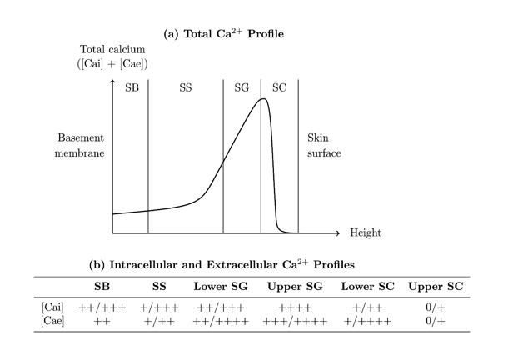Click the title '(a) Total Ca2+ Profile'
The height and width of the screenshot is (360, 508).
224,36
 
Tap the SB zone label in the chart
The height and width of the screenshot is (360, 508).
132,88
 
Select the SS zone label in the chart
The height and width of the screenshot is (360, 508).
186,88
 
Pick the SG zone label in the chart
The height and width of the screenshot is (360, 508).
242,88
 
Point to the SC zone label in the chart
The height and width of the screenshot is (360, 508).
279,88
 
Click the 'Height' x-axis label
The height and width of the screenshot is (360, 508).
366,233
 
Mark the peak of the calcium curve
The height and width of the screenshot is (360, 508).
263,99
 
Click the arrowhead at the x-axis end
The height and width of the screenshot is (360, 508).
337,232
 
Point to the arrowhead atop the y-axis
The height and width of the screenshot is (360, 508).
112,82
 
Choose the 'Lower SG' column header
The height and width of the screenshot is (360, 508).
221,287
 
